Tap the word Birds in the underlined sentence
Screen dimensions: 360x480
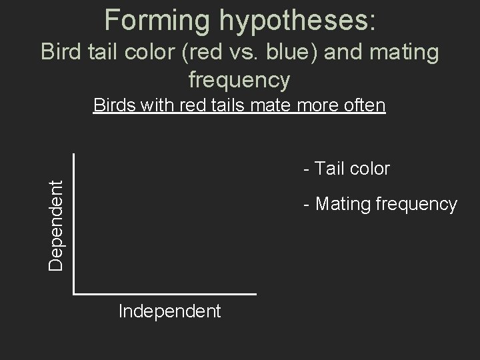115,105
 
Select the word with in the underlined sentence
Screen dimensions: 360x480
157,105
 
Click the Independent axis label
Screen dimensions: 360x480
169,311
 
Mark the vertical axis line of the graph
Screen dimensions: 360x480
73,223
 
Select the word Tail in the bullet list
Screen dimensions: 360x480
328,169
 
